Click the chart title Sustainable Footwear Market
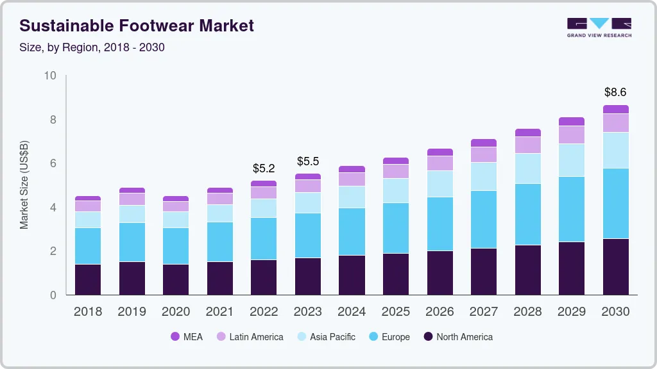[x=137, y=26]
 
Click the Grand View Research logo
[x=599, y=27]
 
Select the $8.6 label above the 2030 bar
[x=615, y=92]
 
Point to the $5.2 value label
[x=264, y=168]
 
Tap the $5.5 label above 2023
[x=308, y=161]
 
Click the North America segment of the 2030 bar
[x=615, y=266]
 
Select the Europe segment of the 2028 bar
[x=527, y=214]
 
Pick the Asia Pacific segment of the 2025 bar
[x=396, y=190]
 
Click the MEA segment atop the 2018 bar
[x=88, y=199]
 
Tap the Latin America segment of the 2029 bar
[x=571, y=135]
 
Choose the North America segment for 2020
[x=176, y=279]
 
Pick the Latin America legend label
[x=256, y=337]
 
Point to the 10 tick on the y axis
[x=50, y=76]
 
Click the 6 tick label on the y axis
[x=53, y=163]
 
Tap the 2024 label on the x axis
[x=352, y=312]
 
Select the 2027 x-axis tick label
[x=483, y=312]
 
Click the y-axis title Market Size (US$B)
[x=24, y=184]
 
